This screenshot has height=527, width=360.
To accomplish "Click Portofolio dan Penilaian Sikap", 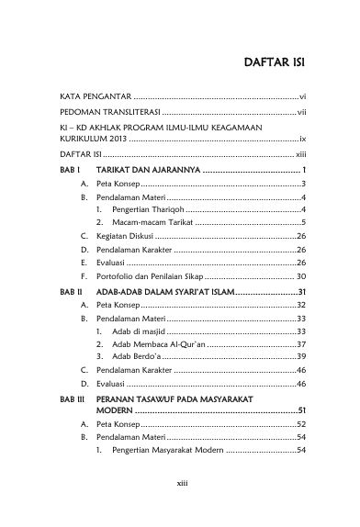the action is coord(148,275).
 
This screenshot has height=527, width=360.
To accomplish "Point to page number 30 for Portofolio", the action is coord(299,275).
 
